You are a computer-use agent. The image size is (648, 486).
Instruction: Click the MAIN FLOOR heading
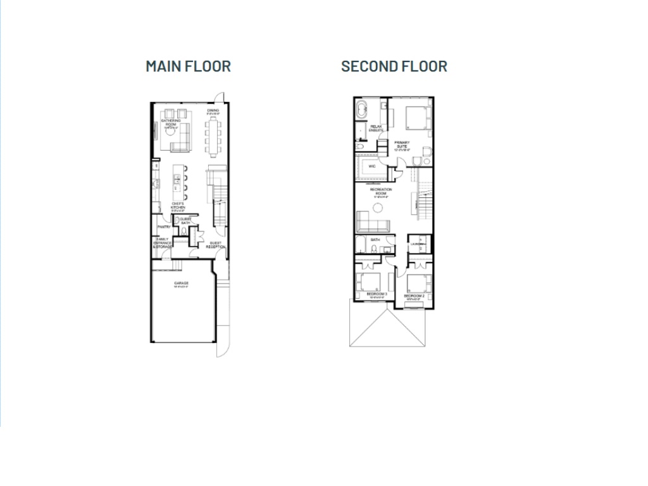point(188,66)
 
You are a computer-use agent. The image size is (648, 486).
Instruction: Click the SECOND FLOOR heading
point(394,66)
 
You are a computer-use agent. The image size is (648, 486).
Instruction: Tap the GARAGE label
point(182,283)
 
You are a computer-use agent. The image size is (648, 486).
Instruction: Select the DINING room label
point(213,111)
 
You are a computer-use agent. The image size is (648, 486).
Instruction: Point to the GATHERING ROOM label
point(171,122)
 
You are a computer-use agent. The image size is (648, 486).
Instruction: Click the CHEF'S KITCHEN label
point(177,206)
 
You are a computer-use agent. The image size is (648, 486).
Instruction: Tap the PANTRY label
point(164,227)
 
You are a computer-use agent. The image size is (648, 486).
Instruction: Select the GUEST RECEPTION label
point(216,244)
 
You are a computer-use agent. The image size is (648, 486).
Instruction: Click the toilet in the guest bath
point(184,232)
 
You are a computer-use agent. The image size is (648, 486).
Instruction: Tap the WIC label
point(372,167)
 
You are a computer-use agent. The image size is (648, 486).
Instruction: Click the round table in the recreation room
point(378,208)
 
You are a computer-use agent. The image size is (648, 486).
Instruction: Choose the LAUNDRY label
point(416,244)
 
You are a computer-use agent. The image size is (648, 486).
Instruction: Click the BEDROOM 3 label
point(377,294)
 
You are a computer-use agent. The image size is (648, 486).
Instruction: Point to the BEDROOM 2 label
point(413,296)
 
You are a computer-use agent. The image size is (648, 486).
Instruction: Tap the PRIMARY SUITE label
point(402,144)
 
